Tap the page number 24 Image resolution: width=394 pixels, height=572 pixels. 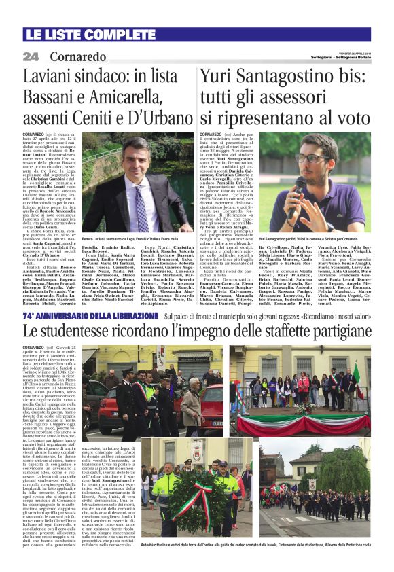click(31, 56)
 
